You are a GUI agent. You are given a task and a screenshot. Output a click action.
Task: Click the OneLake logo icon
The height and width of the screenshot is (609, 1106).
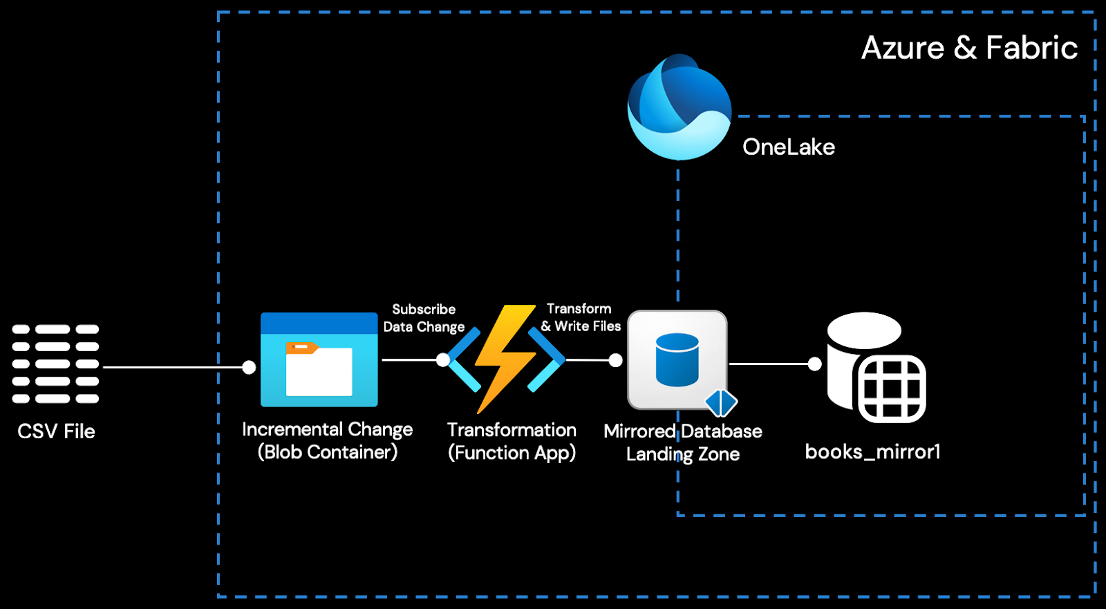(x=679, y=107)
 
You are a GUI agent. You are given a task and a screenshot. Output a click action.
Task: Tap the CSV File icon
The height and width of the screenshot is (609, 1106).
(x=55, y=364)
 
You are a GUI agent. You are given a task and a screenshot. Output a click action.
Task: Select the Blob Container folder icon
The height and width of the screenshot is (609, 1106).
(x=319, y=360)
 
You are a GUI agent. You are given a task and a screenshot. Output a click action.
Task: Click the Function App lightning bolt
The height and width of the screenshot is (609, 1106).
(x=506, y=358)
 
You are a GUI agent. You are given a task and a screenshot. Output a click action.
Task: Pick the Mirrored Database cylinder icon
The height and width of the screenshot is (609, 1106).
(x=677, y=359)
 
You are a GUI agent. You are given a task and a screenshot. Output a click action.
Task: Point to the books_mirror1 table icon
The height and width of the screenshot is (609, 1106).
(x=876, y=367)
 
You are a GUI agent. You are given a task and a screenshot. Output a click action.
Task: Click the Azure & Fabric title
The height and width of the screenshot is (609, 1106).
(x=969, y=48)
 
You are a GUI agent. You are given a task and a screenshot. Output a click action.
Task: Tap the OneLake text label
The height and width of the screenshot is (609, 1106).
(x=789, y=147)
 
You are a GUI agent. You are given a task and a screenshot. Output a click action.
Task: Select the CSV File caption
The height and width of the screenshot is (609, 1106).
(x=56, y=431)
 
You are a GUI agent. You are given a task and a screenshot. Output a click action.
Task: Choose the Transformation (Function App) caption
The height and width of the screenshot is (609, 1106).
(x=512, y=441)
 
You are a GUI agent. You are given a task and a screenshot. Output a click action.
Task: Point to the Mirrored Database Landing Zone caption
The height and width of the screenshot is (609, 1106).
(x=683, y=442)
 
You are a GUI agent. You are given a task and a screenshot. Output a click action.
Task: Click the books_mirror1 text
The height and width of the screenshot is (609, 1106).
(x=872, y=452)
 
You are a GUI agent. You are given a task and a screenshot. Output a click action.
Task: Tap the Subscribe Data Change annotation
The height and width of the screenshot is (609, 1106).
(x=424, y=318)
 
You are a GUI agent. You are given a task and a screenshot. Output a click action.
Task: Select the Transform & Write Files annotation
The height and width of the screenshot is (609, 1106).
(x=581, y=317)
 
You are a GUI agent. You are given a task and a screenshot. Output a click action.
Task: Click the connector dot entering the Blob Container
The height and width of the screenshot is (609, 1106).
(x=249, y=368)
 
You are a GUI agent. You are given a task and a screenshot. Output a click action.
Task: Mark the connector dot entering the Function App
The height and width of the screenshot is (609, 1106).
(x=443, y=359)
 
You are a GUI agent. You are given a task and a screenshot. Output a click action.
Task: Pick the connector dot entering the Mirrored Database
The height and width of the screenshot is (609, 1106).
(x=615, y=360)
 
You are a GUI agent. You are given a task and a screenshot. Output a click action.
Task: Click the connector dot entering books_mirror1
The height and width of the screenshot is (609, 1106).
(x=815, y=364)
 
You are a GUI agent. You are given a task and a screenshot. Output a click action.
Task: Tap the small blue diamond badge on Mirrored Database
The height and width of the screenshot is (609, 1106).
(x=721, y=402)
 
